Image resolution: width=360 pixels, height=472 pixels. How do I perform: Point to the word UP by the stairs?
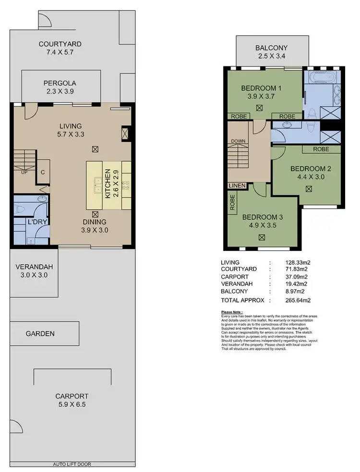23,173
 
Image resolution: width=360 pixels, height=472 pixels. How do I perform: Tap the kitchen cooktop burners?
126,186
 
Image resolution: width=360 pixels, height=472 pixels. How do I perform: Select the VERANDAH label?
34,267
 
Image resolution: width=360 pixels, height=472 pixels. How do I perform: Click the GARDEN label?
40,333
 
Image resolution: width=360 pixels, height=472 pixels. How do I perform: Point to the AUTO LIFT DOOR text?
72,464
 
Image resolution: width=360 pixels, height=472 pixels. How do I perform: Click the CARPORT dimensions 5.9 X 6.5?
72,404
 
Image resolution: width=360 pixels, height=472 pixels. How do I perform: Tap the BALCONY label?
271,48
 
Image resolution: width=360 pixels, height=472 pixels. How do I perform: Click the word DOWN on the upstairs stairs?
238,141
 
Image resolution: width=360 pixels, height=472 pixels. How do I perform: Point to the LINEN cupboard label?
237,186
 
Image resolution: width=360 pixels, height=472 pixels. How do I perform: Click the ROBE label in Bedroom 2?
321,149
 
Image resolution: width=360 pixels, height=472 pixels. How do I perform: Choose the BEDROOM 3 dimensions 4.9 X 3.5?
262,225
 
